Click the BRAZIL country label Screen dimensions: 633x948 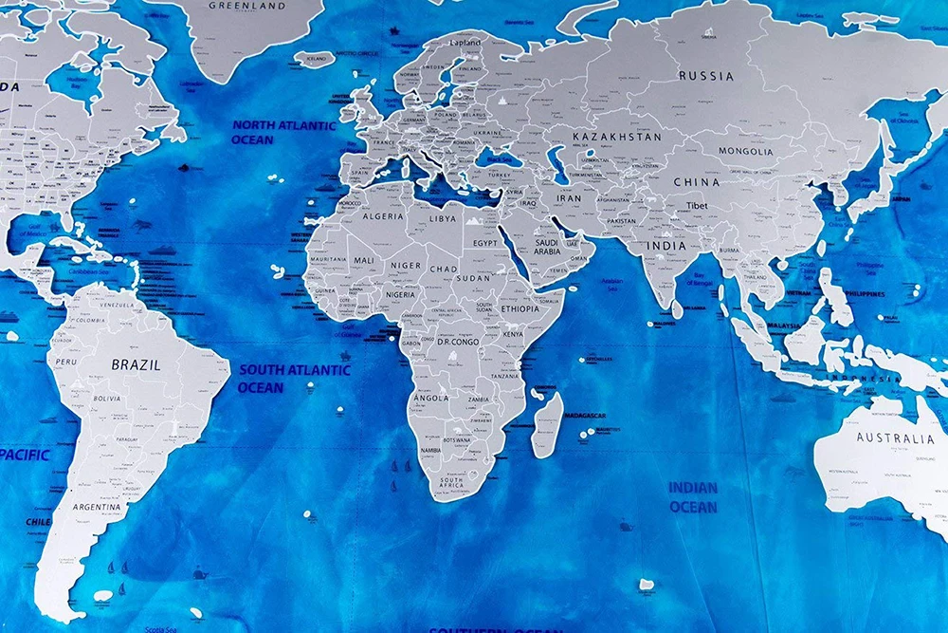point(136,364)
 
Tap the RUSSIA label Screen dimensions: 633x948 point(705,76)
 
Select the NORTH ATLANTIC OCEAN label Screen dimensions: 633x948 point(284,132)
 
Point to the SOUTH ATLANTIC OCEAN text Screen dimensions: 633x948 point(294,378)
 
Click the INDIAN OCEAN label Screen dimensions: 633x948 point(693,496)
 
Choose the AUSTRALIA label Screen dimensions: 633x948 point(895,438)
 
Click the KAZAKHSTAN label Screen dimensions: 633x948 point(616,137)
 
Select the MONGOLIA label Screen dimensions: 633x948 point(745,151)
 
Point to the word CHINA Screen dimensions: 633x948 point(696,181)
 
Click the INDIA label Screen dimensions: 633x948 point(666,246)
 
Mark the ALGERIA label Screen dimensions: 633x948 point(382,216)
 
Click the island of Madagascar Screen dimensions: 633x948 point(547,424)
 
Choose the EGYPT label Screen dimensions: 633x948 point(484,243)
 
